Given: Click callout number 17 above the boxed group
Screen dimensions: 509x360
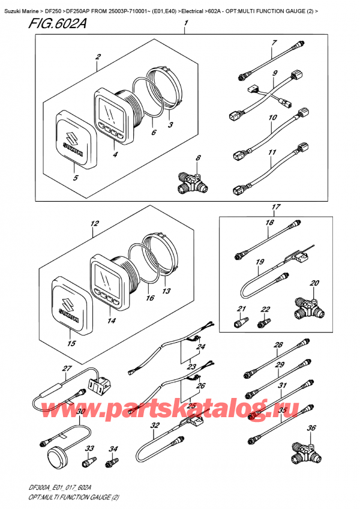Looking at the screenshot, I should [276, 208].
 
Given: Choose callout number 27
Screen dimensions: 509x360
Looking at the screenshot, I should [68, 369].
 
